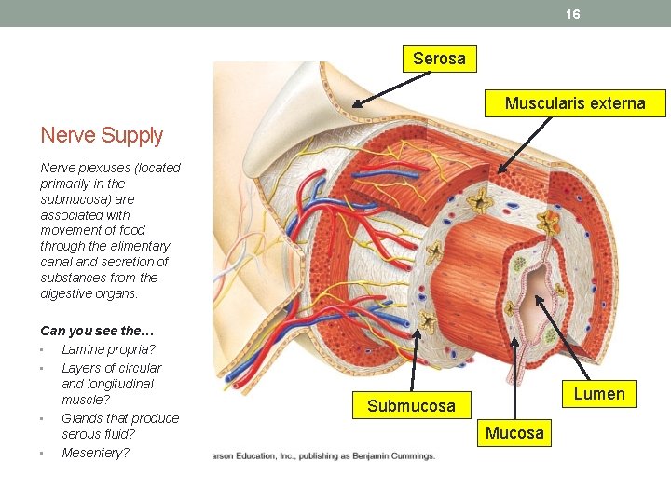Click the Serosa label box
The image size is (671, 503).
click(439, 59)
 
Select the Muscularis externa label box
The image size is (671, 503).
click(575, 103)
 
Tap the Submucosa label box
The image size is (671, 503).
click(411, 405)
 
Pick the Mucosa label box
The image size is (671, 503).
click(514, 432)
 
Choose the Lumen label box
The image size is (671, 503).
click(599, 394)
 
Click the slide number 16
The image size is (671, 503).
click(572, 14)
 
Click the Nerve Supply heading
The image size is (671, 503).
click(102, 135)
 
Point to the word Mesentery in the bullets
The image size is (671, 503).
click(95, 453)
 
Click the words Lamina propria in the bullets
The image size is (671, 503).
click(108, 349)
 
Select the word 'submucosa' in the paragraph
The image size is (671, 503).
click(72, 199)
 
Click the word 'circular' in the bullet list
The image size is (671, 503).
click(136, 368)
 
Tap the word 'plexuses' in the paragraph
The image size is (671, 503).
click(101, 168)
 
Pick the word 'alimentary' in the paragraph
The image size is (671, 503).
click(139, 246)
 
